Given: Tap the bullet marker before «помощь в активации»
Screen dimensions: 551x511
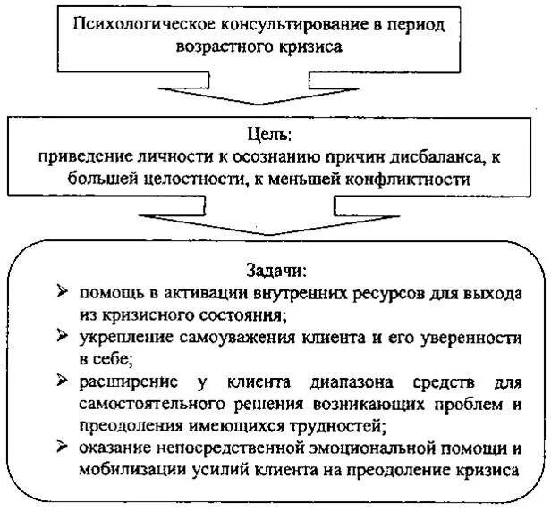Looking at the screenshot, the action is click(60, 291).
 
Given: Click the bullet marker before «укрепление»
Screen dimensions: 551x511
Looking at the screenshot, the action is click(60, 337).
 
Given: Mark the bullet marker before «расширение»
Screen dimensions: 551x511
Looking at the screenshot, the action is click(60, 381).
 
